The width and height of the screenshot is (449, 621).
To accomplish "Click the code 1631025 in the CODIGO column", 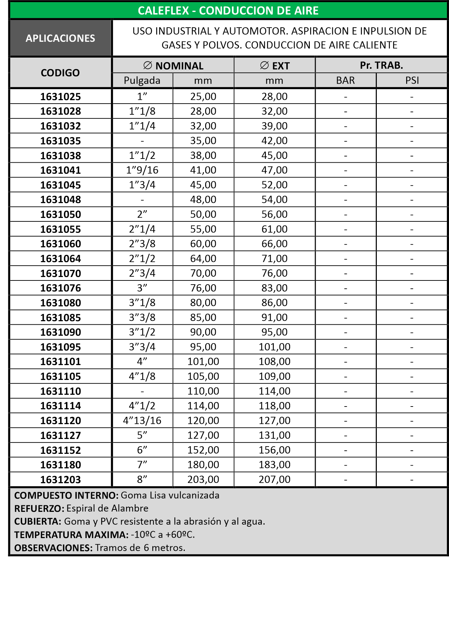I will click(x=60, y=97).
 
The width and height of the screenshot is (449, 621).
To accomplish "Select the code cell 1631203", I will click(x=60, y=480).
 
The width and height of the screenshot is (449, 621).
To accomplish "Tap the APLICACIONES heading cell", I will click(x=60, y=38).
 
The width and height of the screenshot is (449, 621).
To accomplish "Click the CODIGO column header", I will click(x=60, y=73).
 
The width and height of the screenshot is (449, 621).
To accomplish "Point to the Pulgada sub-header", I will click(x=142, y=80).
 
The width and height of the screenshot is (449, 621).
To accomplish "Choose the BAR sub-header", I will click(x=345, y=80).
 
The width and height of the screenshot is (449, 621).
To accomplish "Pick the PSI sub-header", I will click(x=412, y=80).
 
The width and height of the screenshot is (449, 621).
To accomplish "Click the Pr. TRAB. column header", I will click(x=381, y=65).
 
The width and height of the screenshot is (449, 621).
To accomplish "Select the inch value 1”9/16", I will click(x=142, y=170).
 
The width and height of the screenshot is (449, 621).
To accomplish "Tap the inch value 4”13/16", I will click(x=142, y=421).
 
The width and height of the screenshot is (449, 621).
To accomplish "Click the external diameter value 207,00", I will click(x=275, y=479).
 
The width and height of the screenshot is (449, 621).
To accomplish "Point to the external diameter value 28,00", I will click(x=275, y=96).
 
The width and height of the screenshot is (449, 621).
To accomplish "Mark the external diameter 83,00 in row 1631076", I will click(x=275, y=288).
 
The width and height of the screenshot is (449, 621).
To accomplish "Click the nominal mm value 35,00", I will click(x=203, y=141).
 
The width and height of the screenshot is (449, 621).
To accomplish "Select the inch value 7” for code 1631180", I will click(x=142, y=465).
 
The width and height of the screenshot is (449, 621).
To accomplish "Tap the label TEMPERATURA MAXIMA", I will click(x=71, y=535).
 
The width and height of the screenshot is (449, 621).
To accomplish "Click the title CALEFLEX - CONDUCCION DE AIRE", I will click(x=228, y=11).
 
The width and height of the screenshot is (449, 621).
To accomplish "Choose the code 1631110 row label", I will click(x=60, y=391).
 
